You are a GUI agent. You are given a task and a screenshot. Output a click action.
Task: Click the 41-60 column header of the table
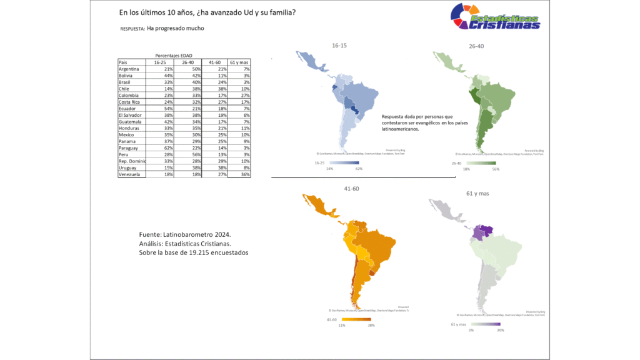pos(215,62)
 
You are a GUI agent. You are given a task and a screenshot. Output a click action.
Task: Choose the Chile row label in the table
pos(125,89)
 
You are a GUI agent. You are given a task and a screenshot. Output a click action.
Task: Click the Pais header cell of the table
pos(123,62)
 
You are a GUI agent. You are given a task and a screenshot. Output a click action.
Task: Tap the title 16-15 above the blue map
pos(340,45)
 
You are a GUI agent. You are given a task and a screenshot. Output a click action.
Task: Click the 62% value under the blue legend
pos(358,169)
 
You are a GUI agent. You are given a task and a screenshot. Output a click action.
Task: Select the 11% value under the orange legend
pos(342,325)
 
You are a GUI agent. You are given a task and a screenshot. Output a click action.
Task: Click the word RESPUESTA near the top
pos(131,29)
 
